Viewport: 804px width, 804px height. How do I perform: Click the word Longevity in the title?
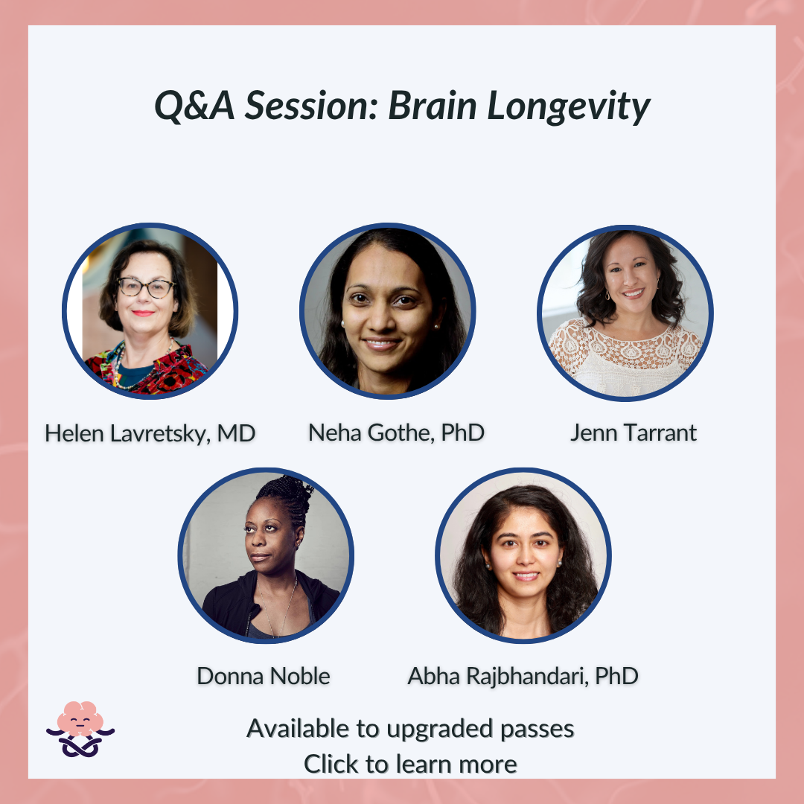[x=568, y=106]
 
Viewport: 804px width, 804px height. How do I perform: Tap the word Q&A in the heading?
[x=194, y=106]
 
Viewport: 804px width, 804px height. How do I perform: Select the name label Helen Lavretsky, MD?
[x=150, y=433]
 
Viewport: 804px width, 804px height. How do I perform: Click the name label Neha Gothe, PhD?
[x=396, y=433]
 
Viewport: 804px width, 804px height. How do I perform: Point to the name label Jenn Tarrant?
[x=634, y=433]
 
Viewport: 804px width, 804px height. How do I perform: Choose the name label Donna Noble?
[x=263, y=676]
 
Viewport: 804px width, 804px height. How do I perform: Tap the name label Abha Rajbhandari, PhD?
[x=523, y=676]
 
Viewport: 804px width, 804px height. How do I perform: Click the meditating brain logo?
[x=80, y=729]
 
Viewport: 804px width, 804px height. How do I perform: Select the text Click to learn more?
[x=410, y=764]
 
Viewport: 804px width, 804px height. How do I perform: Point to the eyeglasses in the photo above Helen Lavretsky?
[x=146, y=287]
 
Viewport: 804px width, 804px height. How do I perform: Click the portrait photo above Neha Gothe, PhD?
[x=388, y=310]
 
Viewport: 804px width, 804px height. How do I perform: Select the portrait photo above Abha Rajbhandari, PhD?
[x=523, y=555]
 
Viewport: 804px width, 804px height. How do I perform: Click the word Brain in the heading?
[x=433, y=106]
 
